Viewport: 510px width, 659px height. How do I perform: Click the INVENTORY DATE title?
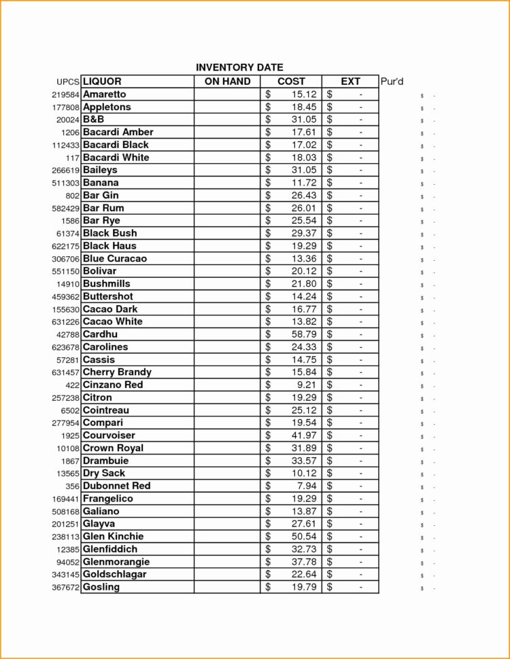point(239,67)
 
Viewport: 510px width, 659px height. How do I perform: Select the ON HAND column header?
point(227,82)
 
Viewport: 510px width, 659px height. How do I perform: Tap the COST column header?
point(291,82)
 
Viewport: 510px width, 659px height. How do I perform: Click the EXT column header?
point(350,82)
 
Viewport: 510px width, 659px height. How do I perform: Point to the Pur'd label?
point(392,82)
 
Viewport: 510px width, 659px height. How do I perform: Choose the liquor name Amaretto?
point(104,94)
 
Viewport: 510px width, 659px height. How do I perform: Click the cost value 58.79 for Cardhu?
point(304,334)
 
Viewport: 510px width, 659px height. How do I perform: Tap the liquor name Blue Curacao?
point(114,259)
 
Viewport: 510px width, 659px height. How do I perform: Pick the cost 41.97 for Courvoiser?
point(304,435)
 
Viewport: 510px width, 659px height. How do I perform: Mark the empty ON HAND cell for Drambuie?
point(227,461)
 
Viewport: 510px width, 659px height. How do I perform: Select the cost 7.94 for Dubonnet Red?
point(307,486)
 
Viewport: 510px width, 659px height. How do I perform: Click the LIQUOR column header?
point(102,82)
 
